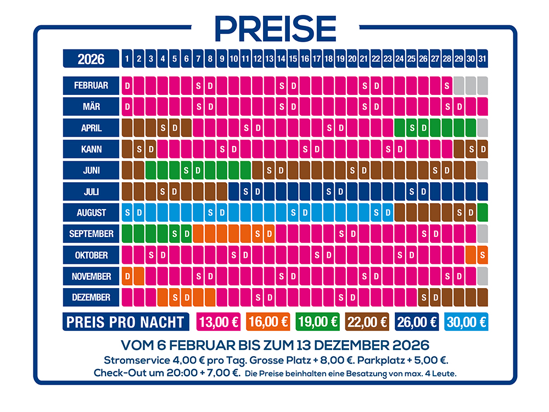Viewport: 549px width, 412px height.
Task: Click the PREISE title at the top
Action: click(x=274, y=27)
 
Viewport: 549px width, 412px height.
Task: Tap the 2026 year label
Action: click(x=91, y=58)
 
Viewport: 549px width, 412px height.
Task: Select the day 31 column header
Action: click(x=483, y=58)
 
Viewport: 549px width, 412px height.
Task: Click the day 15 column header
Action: click(x=293, y=58)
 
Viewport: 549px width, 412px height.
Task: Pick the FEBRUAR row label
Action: click(x=91, y=86)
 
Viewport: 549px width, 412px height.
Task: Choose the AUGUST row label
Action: click(x=91, y=212)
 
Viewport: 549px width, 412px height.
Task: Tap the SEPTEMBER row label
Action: click(x=91, y=234)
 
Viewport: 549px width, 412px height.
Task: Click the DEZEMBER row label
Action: click(x=91, y=297)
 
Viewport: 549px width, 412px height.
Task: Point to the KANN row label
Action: click(x=91, y=149)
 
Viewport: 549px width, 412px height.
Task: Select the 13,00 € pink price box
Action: click(x=219, y=322)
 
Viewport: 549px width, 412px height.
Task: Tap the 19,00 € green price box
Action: click(x=318, y=322)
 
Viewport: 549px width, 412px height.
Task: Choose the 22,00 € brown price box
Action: click(x=368, y=322)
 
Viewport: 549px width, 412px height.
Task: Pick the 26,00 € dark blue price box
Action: click(x=418, y=322)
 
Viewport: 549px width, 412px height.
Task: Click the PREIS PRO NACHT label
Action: click(x=125, y=322)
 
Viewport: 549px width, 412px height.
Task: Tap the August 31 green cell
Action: click(x=483, y=212)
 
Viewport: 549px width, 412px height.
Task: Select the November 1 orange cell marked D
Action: click(x=127, y=276)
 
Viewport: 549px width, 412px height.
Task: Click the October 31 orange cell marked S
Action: click(x=483, y=255)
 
